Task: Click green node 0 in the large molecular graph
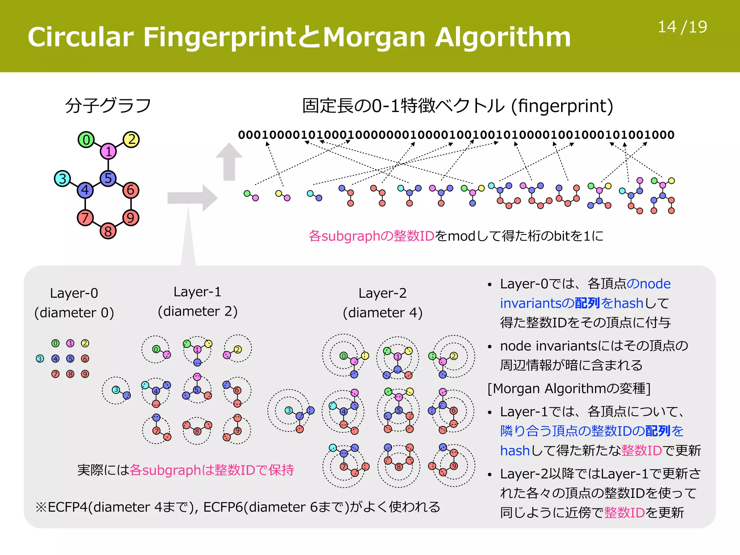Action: (x=86, y=140)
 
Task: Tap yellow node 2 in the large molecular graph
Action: (x=131, y=139)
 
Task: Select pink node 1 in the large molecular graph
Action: (x=108, y=151)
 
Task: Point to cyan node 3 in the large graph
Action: (x=62, y=178)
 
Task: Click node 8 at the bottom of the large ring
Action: (x=108, y=231)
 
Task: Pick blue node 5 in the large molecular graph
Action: (x=108, y=178)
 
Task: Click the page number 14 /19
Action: (x=682, y=27)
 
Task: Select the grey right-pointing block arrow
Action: (x=192, y=198)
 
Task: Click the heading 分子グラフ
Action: (x=108, y=106)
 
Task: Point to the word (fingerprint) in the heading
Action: (x=562, y=106)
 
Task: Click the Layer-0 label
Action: (x=74, y=293)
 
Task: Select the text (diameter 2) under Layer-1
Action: (x=197, y=311)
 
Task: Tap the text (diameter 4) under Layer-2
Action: (x=382, y=313)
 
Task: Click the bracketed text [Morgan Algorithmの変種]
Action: (x=569, y=389)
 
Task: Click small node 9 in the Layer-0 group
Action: (x=85, y=374)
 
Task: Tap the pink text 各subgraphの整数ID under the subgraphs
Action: (x=371, y=236)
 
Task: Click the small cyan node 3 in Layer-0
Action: (x=40, y=359)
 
